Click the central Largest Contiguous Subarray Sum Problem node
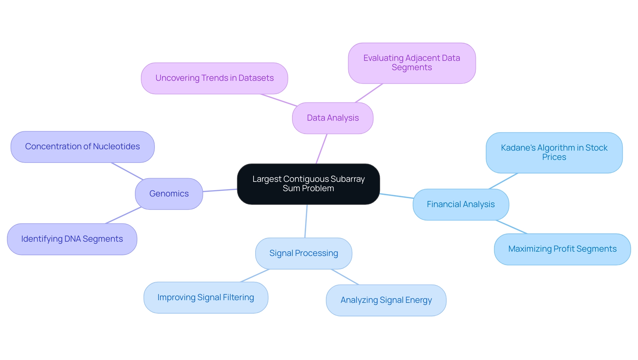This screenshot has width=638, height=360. tap(308, 184)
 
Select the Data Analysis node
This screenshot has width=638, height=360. tap(333, 118)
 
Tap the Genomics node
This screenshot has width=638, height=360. tap(169, 194)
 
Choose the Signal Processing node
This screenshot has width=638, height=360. tap(303, 253)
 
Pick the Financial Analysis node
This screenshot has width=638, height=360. tap(461, 204)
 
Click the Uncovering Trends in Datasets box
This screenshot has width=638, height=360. tap(214, 78)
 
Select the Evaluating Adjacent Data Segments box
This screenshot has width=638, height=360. tap(412, 63)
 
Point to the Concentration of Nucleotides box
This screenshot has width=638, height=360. tap(82, 147)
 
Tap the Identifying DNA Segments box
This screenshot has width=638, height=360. tap(72, 239)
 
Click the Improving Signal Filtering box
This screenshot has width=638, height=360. tap(206, 298)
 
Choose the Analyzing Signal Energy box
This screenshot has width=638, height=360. tap(386, 300)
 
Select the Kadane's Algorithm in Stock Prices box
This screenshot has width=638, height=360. tap(554, 153)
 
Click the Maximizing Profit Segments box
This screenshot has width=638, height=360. tap(562, 249)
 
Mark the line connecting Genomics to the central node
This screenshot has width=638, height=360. tap(220, 190)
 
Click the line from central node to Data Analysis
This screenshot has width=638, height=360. tap(321, 149)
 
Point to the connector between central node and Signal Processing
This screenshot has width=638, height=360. tap(306, 221)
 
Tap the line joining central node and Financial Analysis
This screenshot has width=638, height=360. tap(396, 196)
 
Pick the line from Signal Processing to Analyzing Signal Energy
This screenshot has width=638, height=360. tap(345, 277)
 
